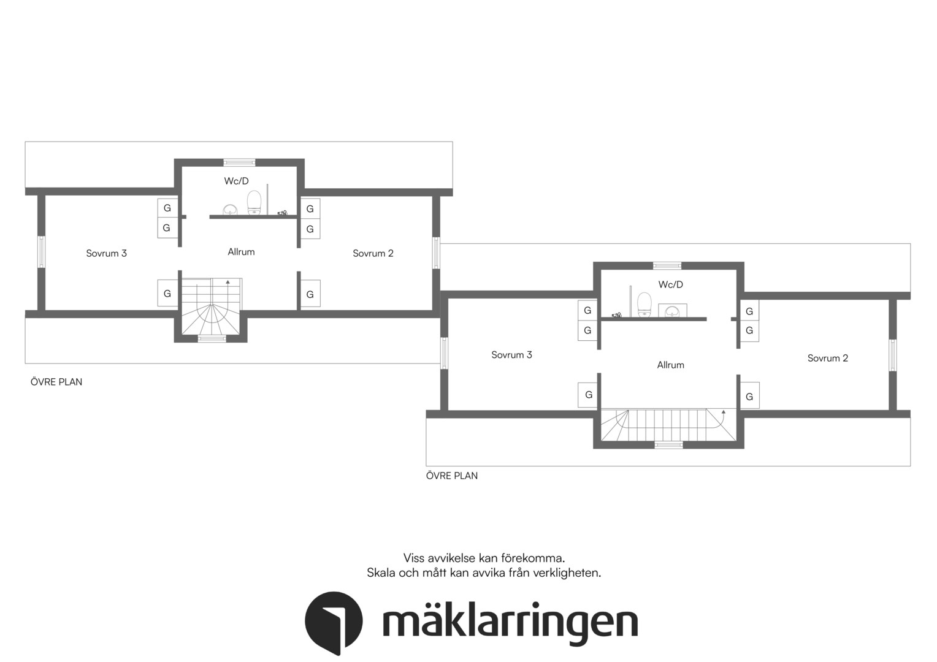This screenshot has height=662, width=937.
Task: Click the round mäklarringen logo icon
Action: [x=334, y=622]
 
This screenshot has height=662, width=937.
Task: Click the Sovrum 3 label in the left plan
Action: [x=106, y=253]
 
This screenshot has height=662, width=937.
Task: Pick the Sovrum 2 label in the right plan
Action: [x=827, y=358]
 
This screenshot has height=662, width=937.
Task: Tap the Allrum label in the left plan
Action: [x=241, y=252]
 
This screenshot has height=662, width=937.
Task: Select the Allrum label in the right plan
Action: [x=670, y=365]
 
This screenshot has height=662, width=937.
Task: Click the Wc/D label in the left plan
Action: [x=236, y=181]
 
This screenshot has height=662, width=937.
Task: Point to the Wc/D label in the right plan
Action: [x=670, y=284]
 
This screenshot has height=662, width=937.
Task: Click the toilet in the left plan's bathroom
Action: [x=254, y=203]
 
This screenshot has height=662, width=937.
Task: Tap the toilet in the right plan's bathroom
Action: [x=644, y=305]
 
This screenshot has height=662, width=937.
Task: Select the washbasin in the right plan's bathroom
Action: [x=673, y=310]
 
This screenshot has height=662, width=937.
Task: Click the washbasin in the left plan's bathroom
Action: [x=229, y=210]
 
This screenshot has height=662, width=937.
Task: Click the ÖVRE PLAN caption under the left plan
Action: [x=56, y=382]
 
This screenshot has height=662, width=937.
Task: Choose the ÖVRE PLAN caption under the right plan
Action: [x=452, y=476]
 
